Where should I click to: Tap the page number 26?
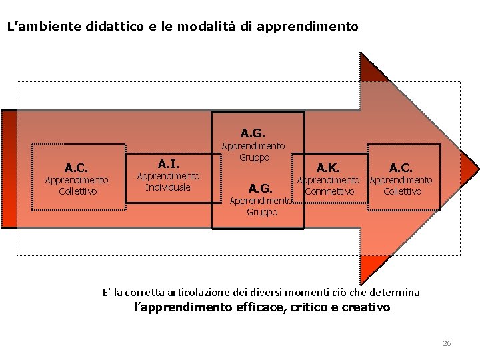(447, 343)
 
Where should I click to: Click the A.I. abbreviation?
(168, 163)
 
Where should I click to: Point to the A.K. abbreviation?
(328, 167)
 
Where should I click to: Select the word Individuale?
(168, 187)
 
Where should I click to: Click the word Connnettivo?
(328, 191)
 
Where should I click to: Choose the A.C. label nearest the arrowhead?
(401, 167)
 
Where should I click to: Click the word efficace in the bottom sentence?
(258, 307)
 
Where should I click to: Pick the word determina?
(396, 292)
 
